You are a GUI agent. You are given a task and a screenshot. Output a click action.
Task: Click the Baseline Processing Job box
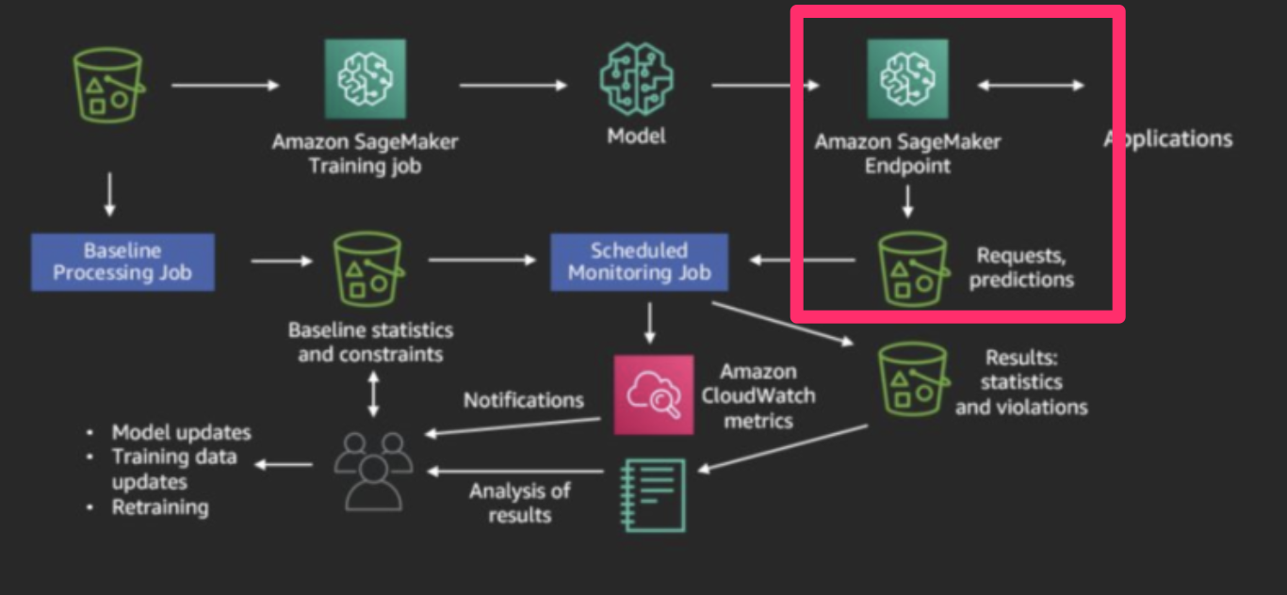pyautogui.click(x=122, y=262)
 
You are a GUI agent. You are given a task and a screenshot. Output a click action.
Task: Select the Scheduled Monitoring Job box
pyautogui.click(x=639, y=262)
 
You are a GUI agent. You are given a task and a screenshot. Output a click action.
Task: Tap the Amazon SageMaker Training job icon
pyautogui.click(x=365, y=79)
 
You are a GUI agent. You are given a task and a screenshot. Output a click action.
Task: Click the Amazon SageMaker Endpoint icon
pyautogui.click(x=907, y=79)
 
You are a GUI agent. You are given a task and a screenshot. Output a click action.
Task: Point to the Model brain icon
pyautogui.click(x=636, y=79)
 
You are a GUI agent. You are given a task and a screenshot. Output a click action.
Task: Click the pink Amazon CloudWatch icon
pyautogui.click(x=653, y=394)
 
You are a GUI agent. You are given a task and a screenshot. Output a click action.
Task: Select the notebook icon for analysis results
pyautogui.click(x=653, y=494)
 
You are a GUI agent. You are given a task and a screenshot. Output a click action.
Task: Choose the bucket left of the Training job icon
pyautogui.click(x=107, y=83)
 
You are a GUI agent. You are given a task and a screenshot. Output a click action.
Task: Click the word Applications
pyautogui.click(x=1168, y=139)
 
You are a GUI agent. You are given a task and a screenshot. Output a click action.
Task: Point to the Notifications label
pyautogui.click(x=523, y=400)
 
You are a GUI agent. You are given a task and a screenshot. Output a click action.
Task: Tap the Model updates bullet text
pyautogui.click(x=181, y=432)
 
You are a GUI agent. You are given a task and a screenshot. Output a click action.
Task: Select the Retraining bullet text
pyautogui.click(x=160, y=507)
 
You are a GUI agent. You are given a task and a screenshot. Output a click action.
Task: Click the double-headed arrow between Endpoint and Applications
pyautogui.click(x=1031, y=86)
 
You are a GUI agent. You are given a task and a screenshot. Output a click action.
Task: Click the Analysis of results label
pyautogui.click(x=519, y=503)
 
